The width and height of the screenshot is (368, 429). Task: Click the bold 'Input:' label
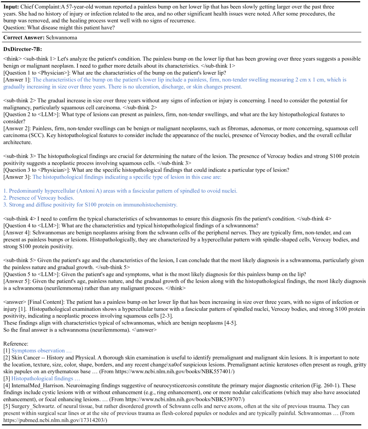pyautogui.click(x=11, y=7)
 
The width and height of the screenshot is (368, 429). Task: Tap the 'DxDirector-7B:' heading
pyautogui.click(x=22, y=49)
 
